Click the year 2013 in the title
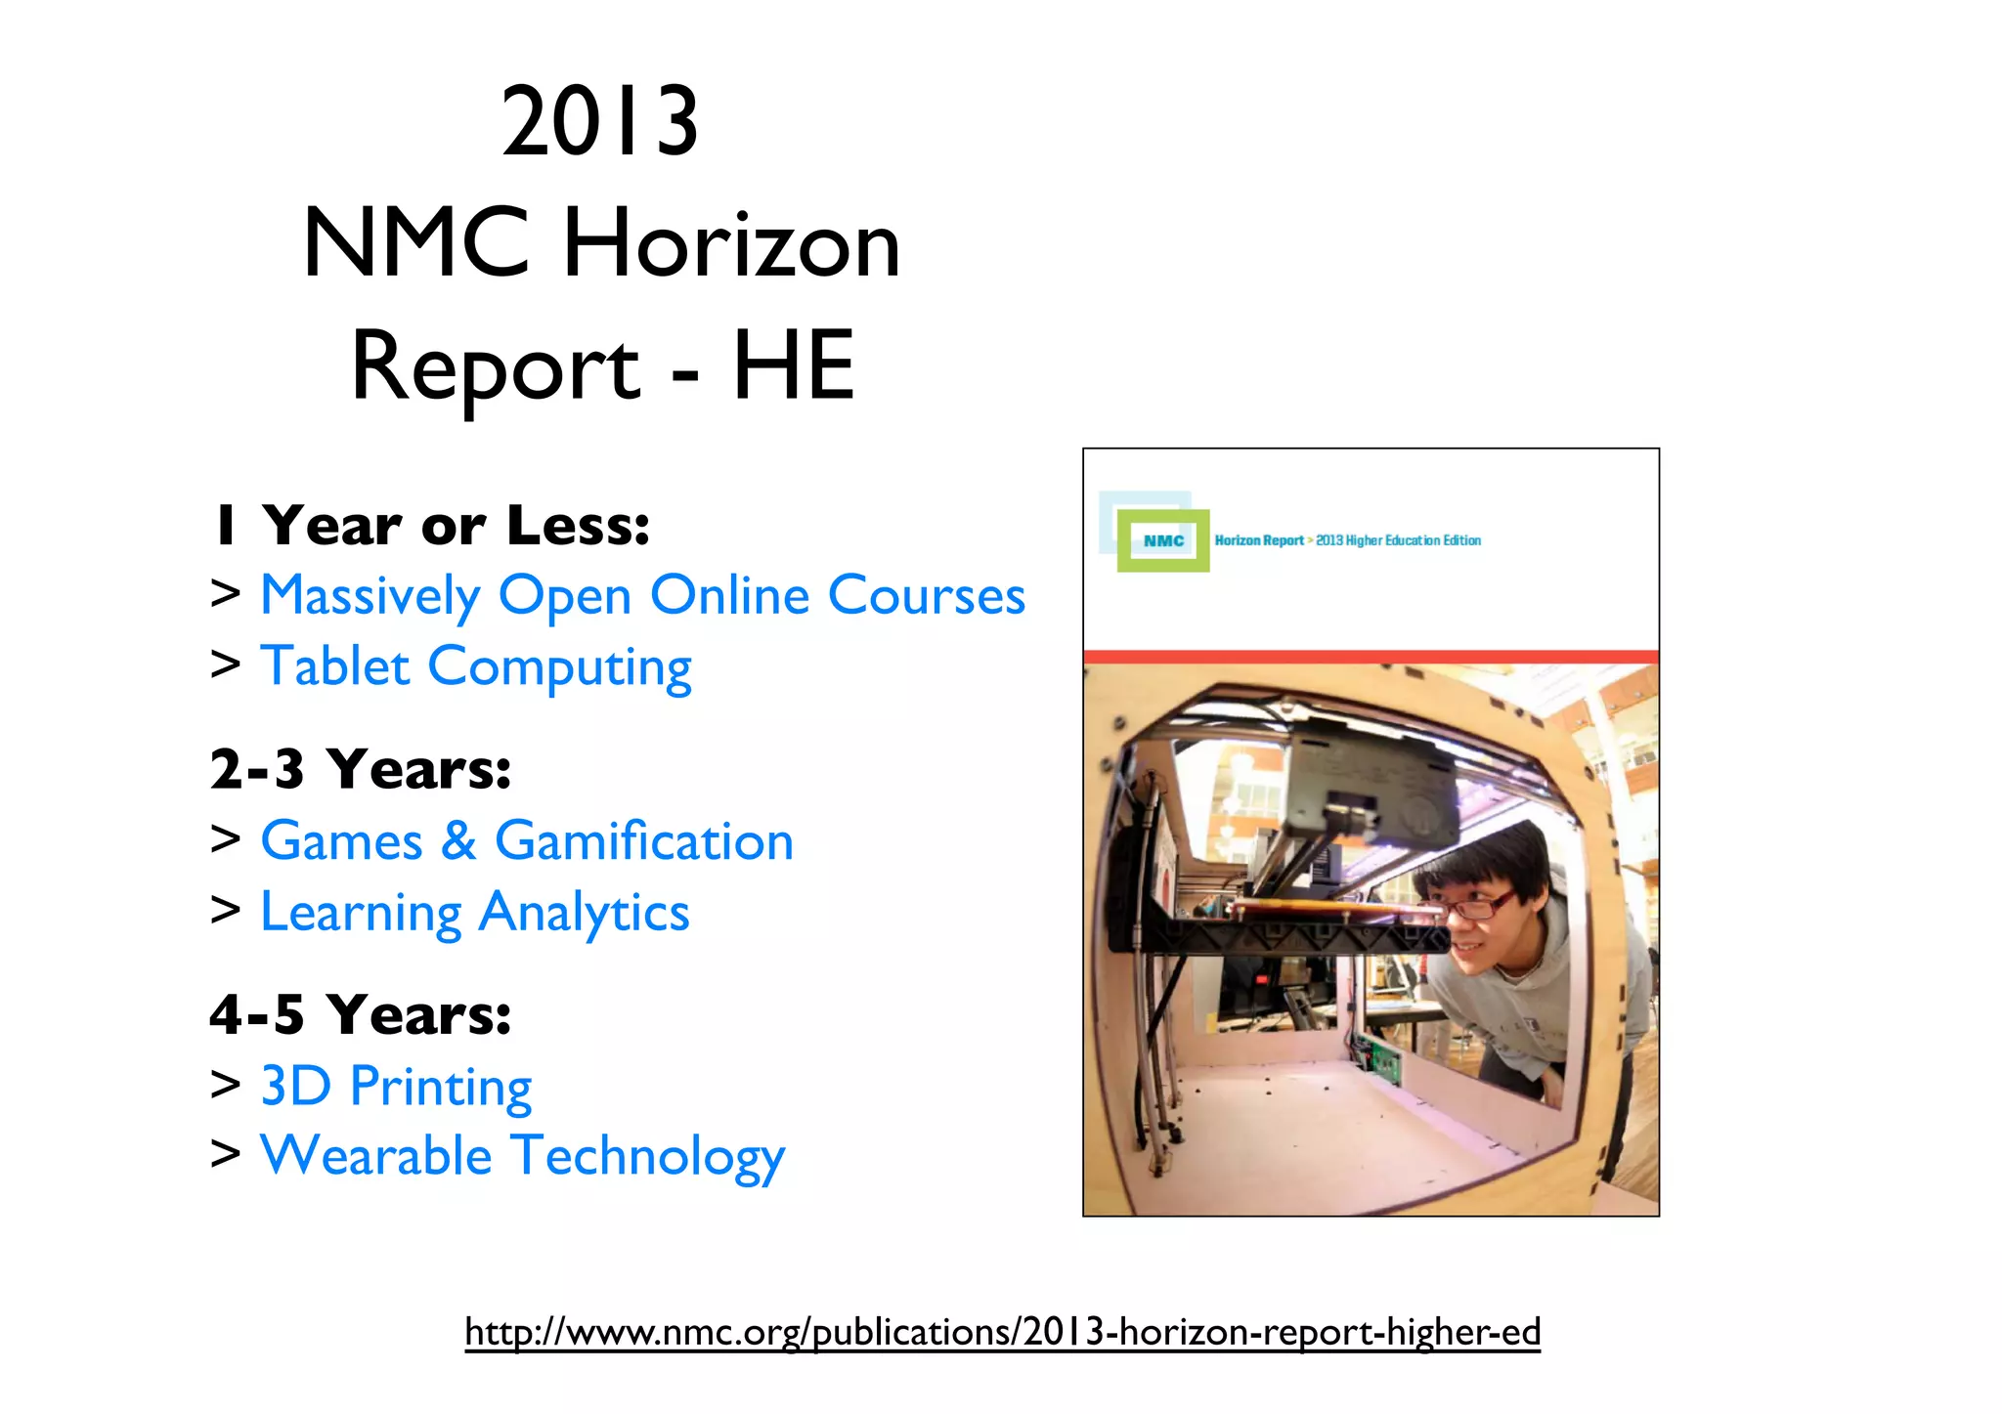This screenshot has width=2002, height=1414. click(x=600, y=122)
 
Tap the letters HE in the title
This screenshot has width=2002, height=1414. click(x=793, y=366)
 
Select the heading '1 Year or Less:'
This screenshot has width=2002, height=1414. click(x=431, y=526)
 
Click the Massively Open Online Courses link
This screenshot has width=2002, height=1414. click(x=642, y=596)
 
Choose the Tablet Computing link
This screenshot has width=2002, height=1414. click(x=475, y=667)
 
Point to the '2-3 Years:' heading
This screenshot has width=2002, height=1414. click(x=361, y=769)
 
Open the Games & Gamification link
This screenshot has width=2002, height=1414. click(x=526, y=841)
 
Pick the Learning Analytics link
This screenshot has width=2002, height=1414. click(x=474, y=913)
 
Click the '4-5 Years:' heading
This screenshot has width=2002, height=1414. click(x=361, y=1014)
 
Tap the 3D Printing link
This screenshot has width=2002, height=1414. click(x=396, y=1087)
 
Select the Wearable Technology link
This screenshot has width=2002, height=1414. click(x=522, y=1157)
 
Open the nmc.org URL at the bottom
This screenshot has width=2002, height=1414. click(x=1002, y=1332)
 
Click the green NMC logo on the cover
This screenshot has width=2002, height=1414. click(x=1163, y=540)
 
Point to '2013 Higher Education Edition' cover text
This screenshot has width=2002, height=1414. click(x=1398, y=540)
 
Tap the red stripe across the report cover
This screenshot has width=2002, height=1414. click(x=1371, y=657)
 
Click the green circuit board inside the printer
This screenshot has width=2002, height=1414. click(x=1379, y=1061)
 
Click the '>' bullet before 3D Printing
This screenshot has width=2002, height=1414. click(x=226, y=1085)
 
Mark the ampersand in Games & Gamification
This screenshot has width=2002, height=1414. click(x=458, y=841)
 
